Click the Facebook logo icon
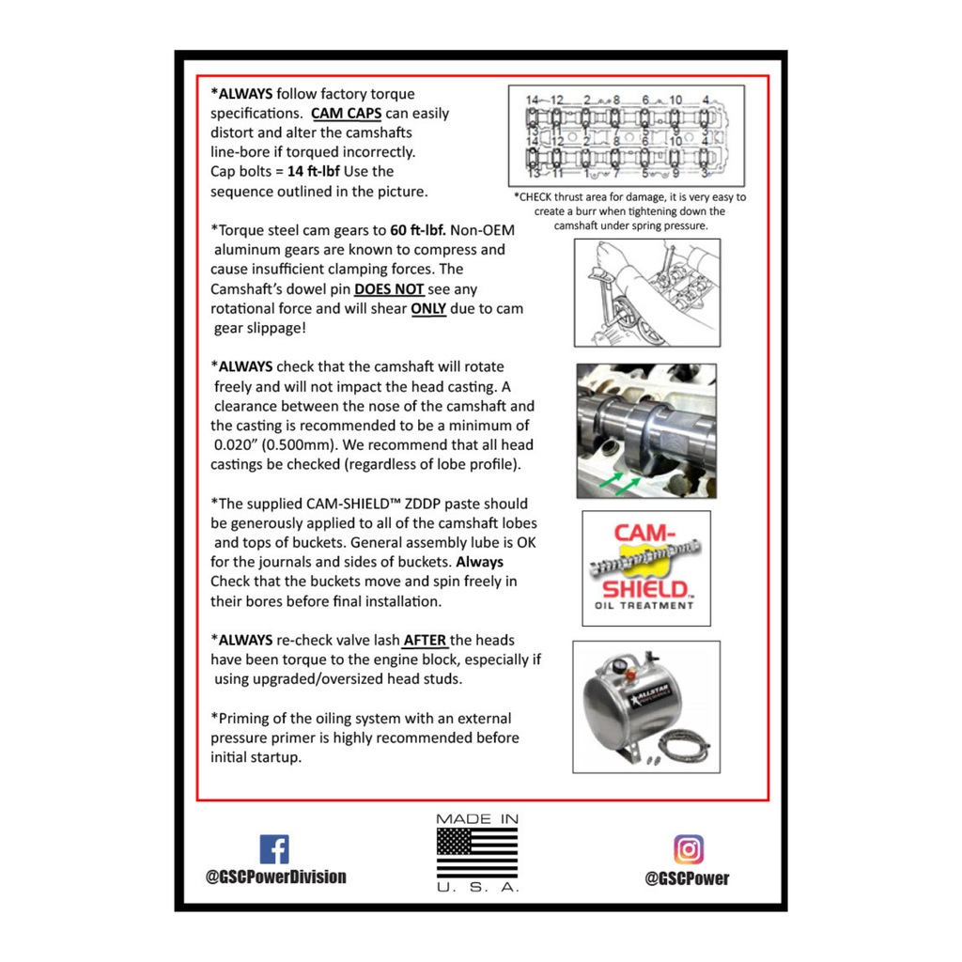pyautogui.click(x=274, y=849)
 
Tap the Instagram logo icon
pyautogui.click(x=689, y=849)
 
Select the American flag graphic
pyautogui.click(x=476, y=852)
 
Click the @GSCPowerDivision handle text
pyautogui.click(x=275, y=877)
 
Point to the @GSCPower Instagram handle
pyautogui.click(x=687, y=878)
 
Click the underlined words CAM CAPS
pyautogui.click(x=346, y=114)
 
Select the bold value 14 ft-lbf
pyautogui.click(x=314, y=171)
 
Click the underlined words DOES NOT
pyautogui.click(x=389, y=289)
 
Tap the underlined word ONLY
pyautogui.click(x=428, y=308)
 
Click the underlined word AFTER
pyautogui.click(x=425, y=641)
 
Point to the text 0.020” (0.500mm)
pyautogui.click(x=273, y=444)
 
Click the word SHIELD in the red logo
pyautogui.click(x=645, y=589)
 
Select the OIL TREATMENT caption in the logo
pyautogui.click(x=644, y=606)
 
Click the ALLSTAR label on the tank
pyautogui.click(x=652, y=693)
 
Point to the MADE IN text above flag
pyautogui.click(x=477, y=819)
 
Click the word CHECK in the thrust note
pyautogui.click(x=535, y=197)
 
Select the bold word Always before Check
pyautogui.click(x=480, y=562)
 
